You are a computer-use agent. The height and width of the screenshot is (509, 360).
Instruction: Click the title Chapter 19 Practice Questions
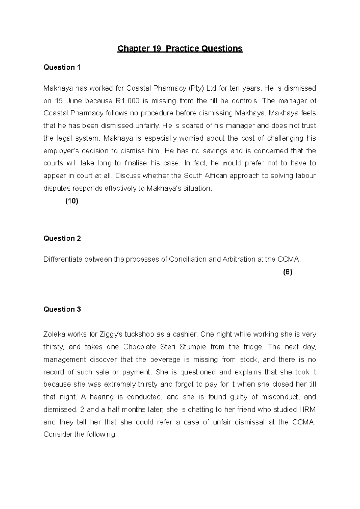[180, 49]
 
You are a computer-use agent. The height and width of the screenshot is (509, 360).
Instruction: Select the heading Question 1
[62, 67]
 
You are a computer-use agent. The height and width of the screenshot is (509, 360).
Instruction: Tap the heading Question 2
[62, 238]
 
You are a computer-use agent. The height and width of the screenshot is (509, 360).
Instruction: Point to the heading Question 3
[62, 309]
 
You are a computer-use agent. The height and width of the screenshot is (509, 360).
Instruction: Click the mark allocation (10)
[72, 201]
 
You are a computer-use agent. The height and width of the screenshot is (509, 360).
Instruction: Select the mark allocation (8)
[287, 272]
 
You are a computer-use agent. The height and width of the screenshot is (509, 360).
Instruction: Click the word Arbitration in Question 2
[238, 259]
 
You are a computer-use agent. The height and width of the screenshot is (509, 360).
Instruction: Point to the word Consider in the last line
[58, 434]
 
